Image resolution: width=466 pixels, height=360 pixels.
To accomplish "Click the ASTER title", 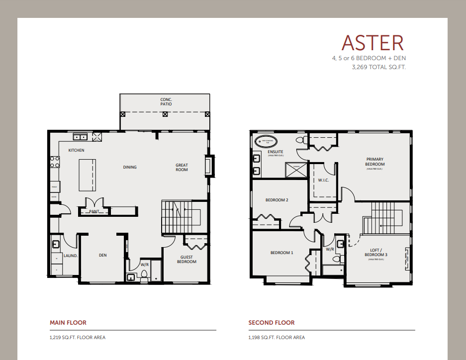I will (x=373, y=43).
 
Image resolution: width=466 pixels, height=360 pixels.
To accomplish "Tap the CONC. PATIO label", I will (x=166, y=102).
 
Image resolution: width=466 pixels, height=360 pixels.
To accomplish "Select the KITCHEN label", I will (x=77, y=150).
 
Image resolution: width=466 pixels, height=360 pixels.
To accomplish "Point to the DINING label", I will (x=130, y=167).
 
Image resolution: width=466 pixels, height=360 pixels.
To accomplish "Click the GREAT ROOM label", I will (x=182, y=167).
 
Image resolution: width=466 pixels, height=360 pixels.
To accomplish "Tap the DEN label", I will (x=102, y=255).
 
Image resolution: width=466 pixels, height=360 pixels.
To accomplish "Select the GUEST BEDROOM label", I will (x=186, y=259).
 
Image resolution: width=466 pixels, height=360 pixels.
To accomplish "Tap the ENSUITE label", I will (x=276, y=152).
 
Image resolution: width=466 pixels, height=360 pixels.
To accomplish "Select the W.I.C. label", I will (x=323, y=180).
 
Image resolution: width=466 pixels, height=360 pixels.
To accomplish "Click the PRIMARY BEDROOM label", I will (x=374, y=162).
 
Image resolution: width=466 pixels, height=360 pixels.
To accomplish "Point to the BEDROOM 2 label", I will (x=277, y=200).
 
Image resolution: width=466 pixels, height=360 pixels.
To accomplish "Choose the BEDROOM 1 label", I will (x=281, y=253).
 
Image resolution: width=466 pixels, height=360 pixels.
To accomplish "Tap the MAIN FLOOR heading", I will (x=68, y=323).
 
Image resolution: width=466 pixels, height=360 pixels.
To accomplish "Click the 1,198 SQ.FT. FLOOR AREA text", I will (x=277, y=338).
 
